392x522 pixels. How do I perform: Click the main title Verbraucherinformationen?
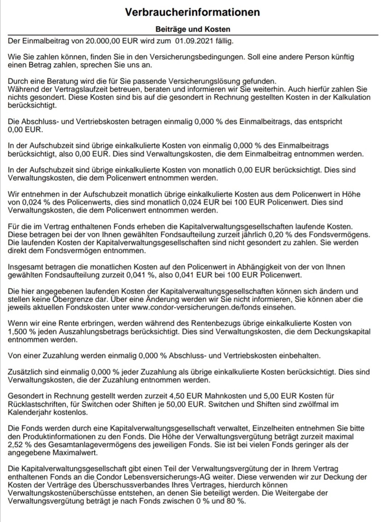[192, 12]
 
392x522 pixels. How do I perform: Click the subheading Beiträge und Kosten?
[193, 29]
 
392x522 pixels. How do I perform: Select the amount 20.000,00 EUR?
[111, 41]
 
